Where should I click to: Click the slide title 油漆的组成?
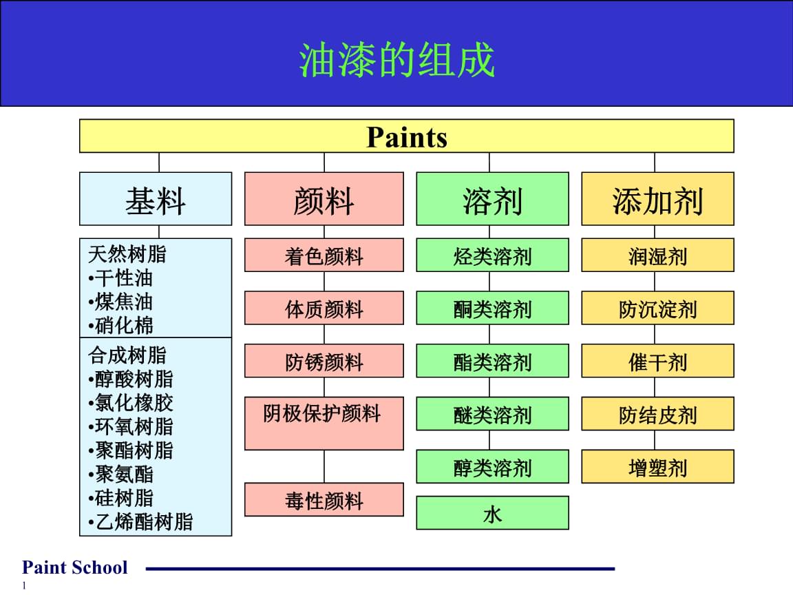(397, 60)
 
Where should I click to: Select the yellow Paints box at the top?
(406, 136)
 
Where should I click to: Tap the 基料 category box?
(156, 199)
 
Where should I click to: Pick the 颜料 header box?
(324, 199)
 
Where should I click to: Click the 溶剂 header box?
(492, 199)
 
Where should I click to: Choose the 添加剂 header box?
(657, 199)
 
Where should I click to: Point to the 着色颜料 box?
(324, 255)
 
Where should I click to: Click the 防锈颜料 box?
(324, 362)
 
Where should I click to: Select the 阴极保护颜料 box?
(324, 423)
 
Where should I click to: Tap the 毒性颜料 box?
(324, 500)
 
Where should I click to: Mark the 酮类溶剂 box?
(492, 309)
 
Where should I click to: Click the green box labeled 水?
(492, 513)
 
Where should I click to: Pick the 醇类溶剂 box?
(492, 468)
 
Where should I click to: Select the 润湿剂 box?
(657, 255)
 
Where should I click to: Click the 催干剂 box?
(657, 362)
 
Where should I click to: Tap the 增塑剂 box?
(657, 468)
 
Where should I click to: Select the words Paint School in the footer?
(74, 567)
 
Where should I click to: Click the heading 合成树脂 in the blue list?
(127, 355)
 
